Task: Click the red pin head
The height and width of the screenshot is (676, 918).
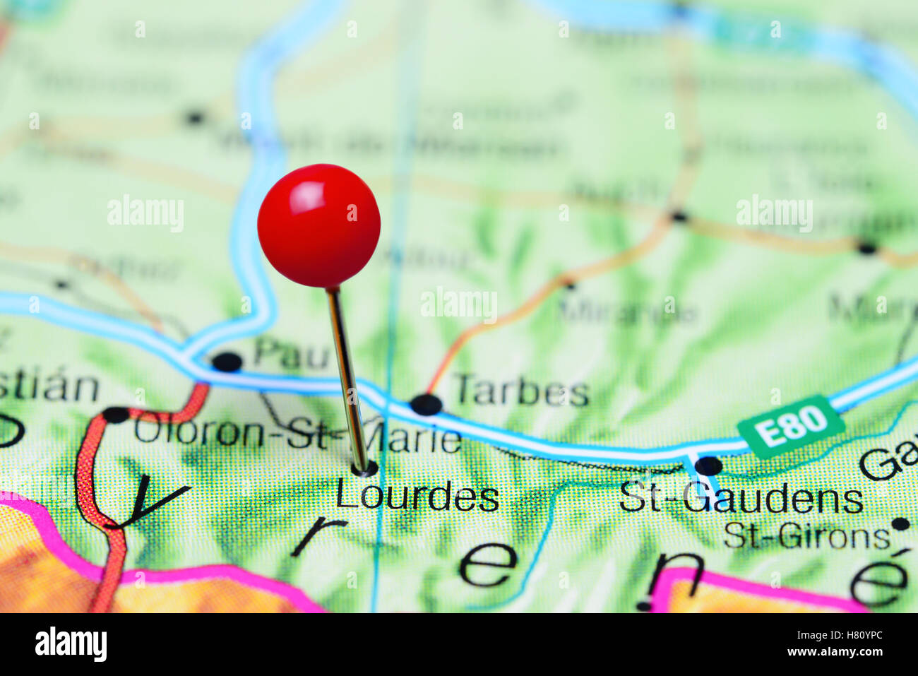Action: pos(318,226)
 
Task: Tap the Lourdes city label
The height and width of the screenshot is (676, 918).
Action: pos(417,497)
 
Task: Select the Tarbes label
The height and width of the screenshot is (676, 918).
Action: pos(521,391)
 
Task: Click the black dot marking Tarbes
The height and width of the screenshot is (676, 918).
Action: pos(426,404)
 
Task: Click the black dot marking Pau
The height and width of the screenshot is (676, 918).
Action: pos(227,362)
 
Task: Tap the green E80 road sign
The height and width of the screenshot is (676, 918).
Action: pos(791,426)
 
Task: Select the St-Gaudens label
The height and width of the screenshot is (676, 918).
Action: pos(741,499)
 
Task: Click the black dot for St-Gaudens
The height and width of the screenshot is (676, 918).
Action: pos(708,466)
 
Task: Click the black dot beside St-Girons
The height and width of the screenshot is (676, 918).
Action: pos(900,524)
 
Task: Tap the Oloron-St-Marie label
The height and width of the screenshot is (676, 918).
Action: pos(297,432)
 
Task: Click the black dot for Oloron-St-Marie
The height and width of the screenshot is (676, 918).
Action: pos(115,415)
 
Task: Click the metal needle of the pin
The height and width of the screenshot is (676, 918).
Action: pos(347,381)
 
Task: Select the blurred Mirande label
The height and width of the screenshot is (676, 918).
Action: pos(627,311)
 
